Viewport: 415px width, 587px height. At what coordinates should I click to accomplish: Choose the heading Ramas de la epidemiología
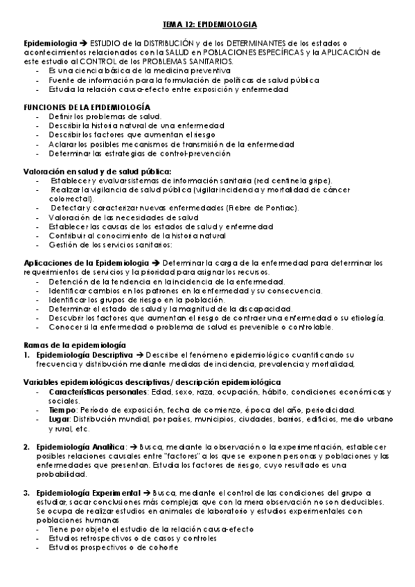75,344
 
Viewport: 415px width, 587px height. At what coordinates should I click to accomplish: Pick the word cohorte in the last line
164,547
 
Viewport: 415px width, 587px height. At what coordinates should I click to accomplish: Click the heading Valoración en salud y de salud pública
98,170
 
